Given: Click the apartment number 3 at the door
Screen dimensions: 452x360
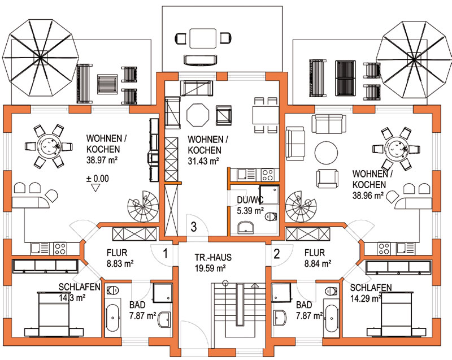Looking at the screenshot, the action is [x=194, y=227].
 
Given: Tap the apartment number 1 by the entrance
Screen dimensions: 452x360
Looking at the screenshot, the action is [x=166, y=254].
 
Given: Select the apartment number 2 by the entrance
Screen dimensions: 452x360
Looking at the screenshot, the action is [x=277, y=254].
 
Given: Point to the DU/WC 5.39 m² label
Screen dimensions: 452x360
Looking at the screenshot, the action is [x=250, y=205].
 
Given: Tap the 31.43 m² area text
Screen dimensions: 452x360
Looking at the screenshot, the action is [x=203, y=161].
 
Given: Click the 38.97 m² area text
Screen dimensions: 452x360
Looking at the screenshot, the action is [x=102, y=160].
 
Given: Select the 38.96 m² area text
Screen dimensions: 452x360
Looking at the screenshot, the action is [x=368, y=196].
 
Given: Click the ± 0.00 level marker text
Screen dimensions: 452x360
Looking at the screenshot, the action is [x=98, y=179].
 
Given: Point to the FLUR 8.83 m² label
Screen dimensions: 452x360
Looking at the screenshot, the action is [x=120, y=258].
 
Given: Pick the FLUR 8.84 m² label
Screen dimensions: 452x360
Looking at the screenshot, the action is [x=318, y=258].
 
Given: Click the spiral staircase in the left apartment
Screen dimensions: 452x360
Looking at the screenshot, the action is [x=144, y=206].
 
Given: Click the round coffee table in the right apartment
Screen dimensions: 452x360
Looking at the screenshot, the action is [x=326, y=153].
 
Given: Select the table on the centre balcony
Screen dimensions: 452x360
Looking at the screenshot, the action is [x=203, y=38].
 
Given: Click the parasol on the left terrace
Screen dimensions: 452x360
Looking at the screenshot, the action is [x=40, y=59].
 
